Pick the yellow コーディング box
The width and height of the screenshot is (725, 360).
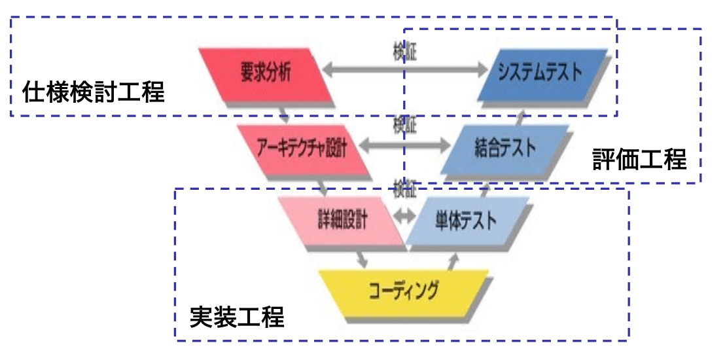[x=403, y=289]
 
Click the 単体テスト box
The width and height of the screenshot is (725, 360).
[x=465, y=220]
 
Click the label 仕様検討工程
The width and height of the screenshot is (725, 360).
[x=93, y=92]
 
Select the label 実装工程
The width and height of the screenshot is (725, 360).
[x=237, y=317]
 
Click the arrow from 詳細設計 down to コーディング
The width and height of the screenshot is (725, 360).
[x=361, y=258]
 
